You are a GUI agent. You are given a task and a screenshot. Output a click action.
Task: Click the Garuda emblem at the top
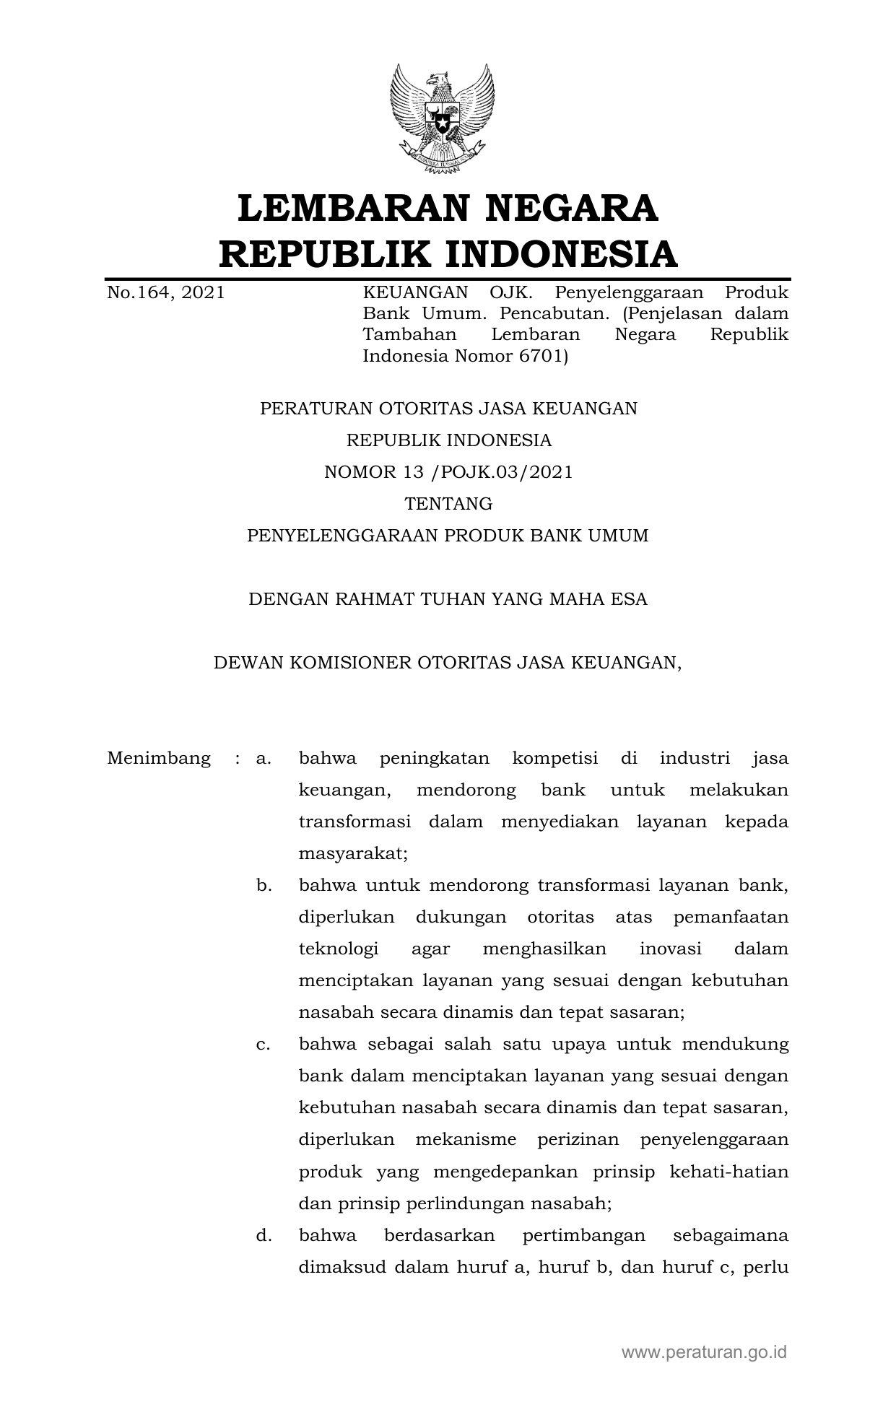coord(442,119)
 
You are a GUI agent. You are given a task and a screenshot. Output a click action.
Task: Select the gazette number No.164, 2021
coord(165,292)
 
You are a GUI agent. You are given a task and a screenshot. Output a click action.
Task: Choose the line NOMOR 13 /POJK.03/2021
coord(448,472)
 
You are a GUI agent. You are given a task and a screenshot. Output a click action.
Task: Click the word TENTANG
coord(448,504)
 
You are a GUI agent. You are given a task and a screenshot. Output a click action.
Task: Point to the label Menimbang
coord(159,759)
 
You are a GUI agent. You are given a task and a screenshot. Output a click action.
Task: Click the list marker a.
coord(264,759)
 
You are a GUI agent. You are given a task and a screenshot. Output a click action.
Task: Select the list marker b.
coord(264,886)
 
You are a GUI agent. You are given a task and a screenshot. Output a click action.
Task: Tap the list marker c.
coord(264,1045)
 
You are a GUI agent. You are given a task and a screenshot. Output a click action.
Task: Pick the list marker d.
coord(264,1235)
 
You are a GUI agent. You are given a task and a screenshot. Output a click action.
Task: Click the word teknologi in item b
coord(339,949)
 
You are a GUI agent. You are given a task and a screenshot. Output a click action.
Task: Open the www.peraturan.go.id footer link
coord(704,1352)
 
